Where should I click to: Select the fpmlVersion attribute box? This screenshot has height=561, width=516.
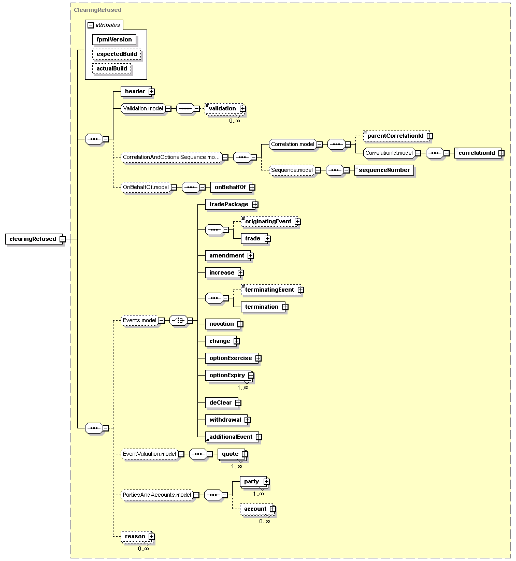pyautogui.click(x=114, y=40)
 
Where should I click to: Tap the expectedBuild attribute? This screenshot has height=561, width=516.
pyautogui.click(x=117, y=54)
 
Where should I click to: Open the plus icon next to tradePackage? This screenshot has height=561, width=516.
pyautogui.click(x=255, y=204)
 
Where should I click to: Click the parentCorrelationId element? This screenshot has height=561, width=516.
pyautogui.click(x=396, y=136)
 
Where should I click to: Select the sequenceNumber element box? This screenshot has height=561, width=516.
pyautogui.click(x=384, y=170)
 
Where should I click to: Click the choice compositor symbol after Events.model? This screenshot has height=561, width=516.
pyautogui.click(x=178, y=320)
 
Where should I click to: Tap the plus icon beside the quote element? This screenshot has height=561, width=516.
pyautogui.click(x=245, y=454)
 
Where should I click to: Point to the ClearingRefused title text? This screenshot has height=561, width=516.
pyautogui.click(x=98, y=10)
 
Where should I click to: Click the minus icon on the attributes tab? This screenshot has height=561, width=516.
pyautogui.click(x=91, y=25)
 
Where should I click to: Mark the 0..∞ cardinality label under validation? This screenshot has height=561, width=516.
pyautogui.click(x=235, y=121)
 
